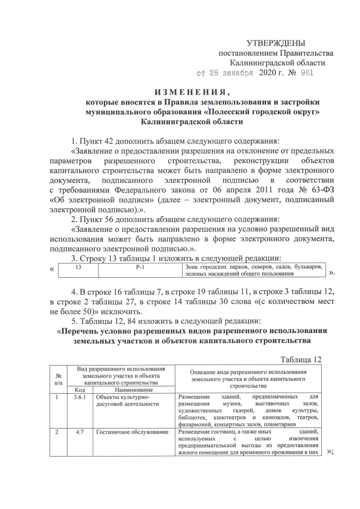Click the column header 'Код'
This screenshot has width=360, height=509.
(80, 389)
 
